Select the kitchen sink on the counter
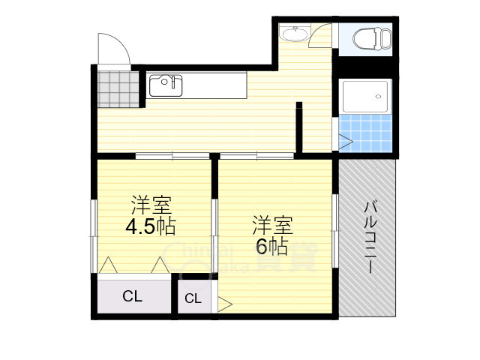[x=166, y=85]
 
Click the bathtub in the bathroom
[x=365, y=97]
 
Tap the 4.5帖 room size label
[x=150, y=225]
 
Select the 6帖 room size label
[x=271, y=246]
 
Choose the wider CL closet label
[x=132, y=296]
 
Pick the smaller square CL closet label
[x=193, y=298]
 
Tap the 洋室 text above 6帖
[x=271, y=224]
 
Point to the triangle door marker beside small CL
[x=225, y=304]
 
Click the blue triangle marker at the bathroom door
[x=345, y=139]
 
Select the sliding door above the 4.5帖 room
[x=172, y=156]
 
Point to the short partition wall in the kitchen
[x=298, y=127]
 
